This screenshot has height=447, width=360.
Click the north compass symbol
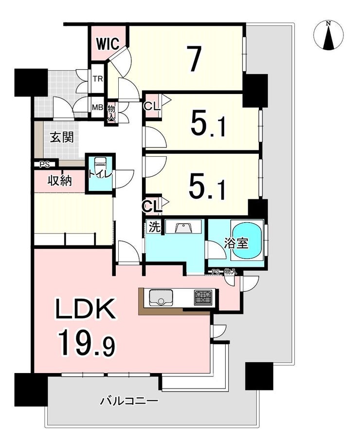point(328,36)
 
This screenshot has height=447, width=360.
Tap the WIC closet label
point(107,44)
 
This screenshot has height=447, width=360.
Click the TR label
point(98,79)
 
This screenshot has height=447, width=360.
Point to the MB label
point(97,108)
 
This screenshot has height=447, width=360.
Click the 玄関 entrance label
point(62,137)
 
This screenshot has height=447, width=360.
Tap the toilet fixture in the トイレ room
point(99,165)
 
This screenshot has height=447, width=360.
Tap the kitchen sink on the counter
point(161,298)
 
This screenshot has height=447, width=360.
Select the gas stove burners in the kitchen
point(203,298)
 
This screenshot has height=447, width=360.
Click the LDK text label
point(85,309)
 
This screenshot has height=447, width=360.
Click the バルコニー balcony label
point(129,401)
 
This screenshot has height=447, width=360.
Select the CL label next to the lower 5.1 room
point(152,206)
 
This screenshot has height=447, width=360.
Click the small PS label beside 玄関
point(44,165)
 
